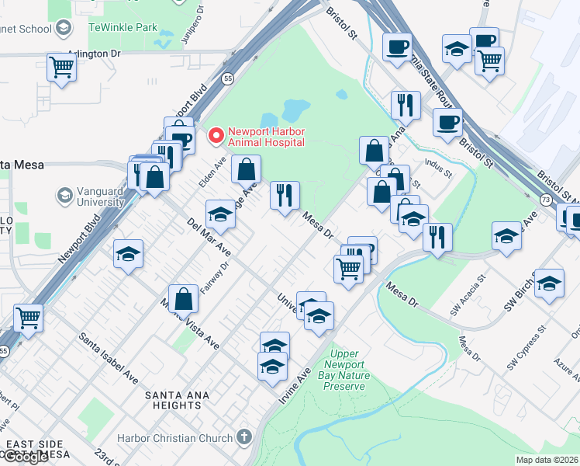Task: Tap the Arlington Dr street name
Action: (x=95, y=54)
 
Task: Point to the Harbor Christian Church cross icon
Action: (x=246, y=438)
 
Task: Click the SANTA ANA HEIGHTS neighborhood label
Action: (x=174, y=400)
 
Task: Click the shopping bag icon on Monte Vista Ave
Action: (x=182, y=298)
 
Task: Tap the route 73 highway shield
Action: (x=546, y=200)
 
